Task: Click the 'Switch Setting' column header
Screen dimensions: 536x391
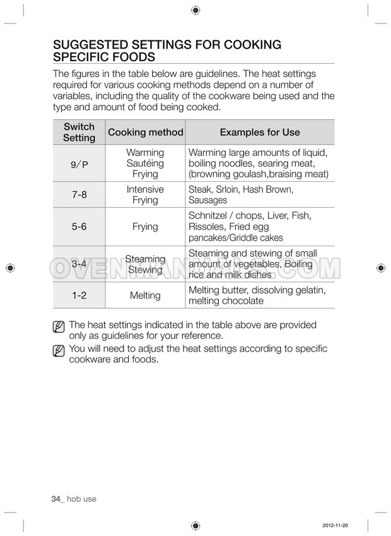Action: click(x=79, y=133)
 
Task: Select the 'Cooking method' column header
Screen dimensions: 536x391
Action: click(x=146, y=133)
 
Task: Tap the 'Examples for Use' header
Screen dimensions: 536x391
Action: click(x=259, y=133)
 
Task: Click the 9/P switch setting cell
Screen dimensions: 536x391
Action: click(x=79, y=164)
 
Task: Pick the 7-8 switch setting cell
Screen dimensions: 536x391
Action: click(x=79, y=195)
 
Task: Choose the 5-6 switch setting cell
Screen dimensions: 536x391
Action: click(x=79, y=227)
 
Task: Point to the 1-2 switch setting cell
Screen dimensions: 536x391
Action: click(x=79, y=295)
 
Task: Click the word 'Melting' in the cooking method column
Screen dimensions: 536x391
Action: click(x=145, y=295)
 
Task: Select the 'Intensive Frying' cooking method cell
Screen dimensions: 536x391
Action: click(x=145, y=195)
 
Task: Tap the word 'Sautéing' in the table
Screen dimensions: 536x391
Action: click(x=145, y=164)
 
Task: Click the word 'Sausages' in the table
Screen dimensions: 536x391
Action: click(x=207, y=201)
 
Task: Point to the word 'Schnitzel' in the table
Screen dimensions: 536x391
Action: click(x=210, y=216)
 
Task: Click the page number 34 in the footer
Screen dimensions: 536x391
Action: click(x=55, y=499)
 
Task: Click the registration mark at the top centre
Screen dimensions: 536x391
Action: click(x=195, y=10)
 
